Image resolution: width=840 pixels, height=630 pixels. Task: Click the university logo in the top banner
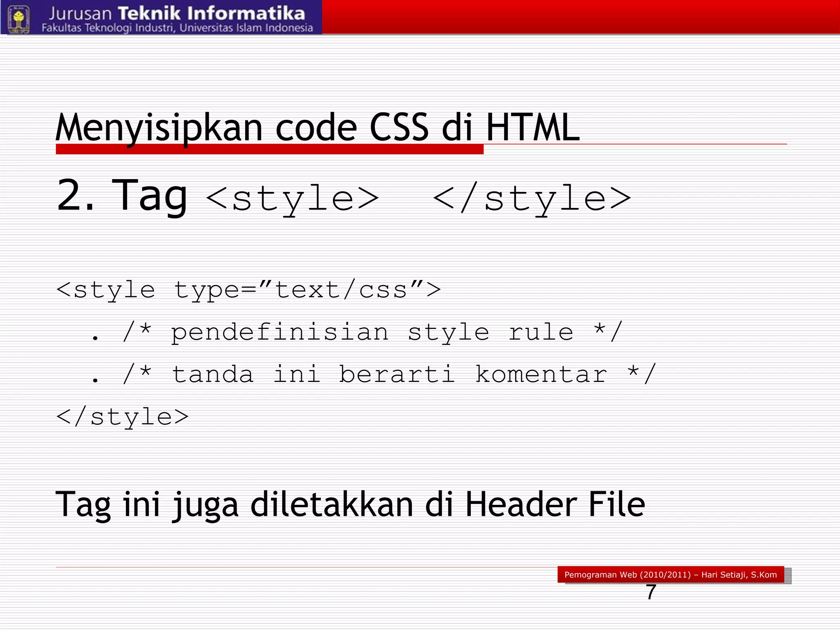[18, 18]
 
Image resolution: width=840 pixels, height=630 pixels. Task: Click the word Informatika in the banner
[246, 14]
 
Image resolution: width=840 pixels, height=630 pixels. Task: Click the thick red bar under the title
[269, 149]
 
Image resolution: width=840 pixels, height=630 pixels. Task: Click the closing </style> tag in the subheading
[532, 199]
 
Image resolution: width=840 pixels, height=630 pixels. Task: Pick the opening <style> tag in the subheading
[292, 199]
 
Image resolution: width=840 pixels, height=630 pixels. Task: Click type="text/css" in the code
[307, 290]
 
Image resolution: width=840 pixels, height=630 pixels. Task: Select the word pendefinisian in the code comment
[279, 332]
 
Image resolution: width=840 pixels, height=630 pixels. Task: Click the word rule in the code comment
[541, 332]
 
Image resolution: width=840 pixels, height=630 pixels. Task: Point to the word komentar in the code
[541, 374]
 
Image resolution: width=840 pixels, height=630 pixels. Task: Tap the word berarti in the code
[397, 374]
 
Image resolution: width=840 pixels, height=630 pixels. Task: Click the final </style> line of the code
[122, 417]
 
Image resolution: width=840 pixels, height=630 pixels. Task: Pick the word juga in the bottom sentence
[205, 505]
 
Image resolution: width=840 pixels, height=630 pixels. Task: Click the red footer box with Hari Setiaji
[670, 575]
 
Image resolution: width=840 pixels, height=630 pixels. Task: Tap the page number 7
[651, 592]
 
